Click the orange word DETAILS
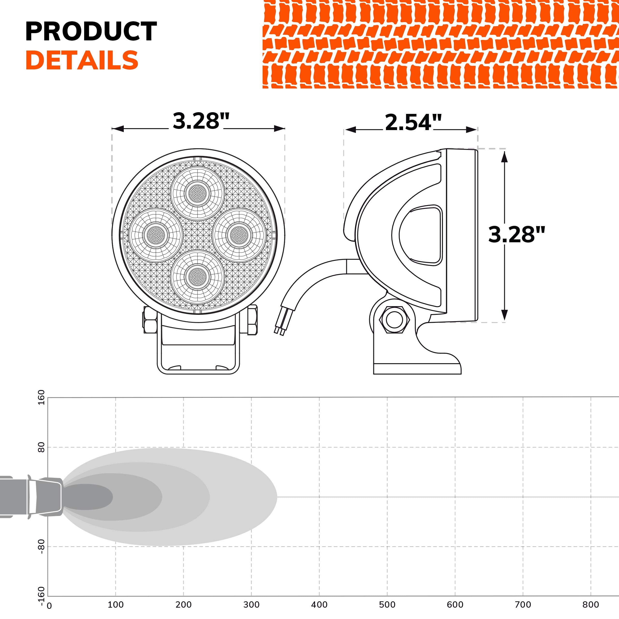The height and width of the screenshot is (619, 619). tap(82, 60)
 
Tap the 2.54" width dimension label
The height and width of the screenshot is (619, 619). tap(413, 122)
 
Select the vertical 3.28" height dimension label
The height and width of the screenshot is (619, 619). tap(516, 234)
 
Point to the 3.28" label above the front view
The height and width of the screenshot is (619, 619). tap(201, 121)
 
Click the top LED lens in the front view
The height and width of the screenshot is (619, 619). tap(198, 193)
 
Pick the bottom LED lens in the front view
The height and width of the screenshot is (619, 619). tap(198, 277)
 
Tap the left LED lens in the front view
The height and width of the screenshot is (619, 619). tap(156, 236)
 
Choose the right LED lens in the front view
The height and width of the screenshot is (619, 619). tap(239, 235)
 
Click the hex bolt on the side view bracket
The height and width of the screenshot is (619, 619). tap(394, 320)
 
